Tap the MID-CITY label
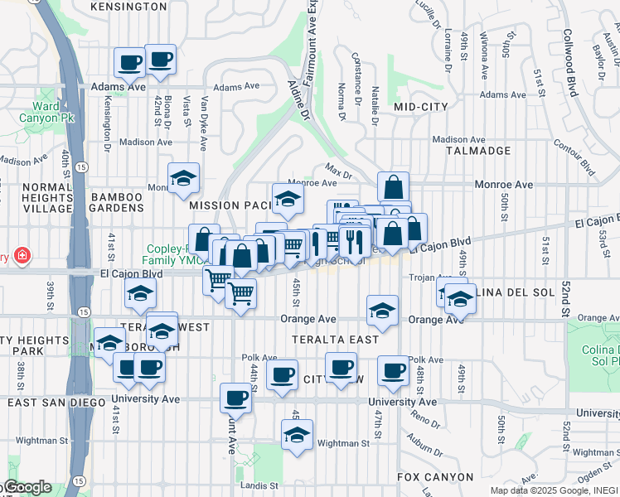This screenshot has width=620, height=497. pos(420,107)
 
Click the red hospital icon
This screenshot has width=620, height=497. pos(22,256)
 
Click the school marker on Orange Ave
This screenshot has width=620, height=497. pos(382,311)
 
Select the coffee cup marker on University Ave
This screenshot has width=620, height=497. pos(235,398)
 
